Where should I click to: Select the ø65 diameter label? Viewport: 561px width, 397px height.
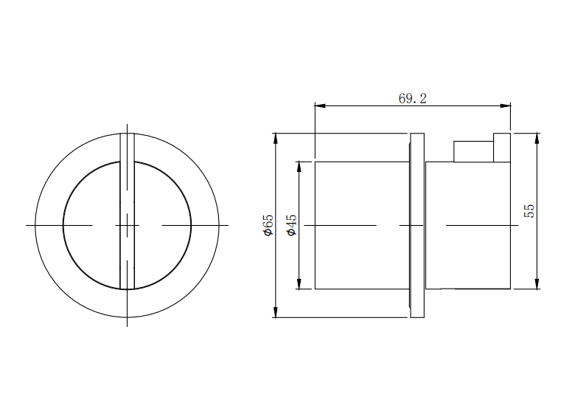pos(268,225)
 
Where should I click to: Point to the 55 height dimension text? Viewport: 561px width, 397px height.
pos(529,210)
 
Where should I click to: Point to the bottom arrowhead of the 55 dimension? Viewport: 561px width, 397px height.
pos(536,284)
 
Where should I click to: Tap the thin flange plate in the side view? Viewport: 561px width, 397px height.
pos(418,225)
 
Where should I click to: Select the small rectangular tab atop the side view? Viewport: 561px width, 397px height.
pos(473,151)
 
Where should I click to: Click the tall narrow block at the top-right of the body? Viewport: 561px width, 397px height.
pos(501,147)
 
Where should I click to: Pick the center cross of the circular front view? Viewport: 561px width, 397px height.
pos(127,225)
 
